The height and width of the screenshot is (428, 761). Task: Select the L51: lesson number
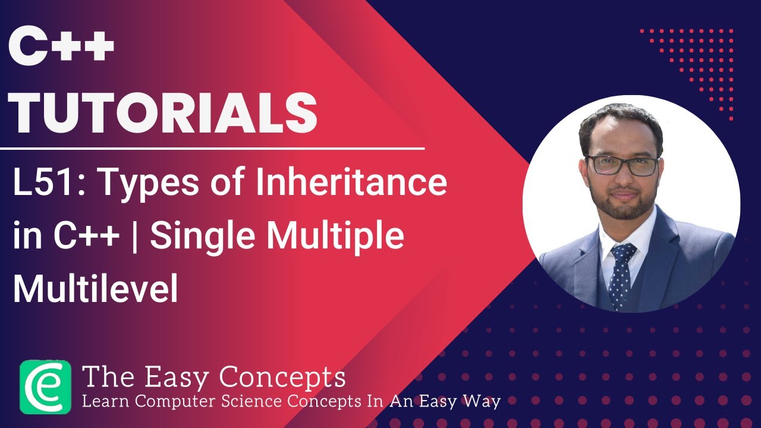coord(47,184)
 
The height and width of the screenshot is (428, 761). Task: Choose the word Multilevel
coord(95,289)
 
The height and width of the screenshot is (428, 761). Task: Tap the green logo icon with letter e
coord(45,386)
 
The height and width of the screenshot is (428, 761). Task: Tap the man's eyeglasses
coord(622,165)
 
